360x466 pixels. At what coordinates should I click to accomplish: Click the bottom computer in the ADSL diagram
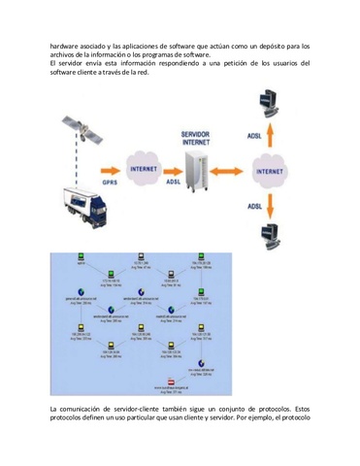click(268, 235)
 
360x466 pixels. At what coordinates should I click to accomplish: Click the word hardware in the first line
click(66, 45)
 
